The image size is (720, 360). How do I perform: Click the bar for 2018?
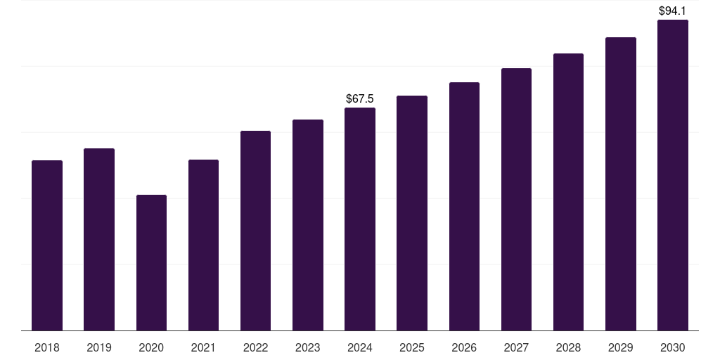pos(47,245)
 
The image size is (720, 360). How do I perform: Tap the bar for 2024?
pos(360,219)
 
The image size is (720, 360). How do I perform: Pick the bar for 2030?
pos(672,175)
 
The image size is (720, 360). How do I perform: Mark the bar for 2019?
pos(99,239)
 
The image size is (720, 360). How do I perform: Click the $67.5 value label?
pos(360,99)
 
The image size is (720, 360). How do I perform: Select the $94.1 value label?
pos(672,11)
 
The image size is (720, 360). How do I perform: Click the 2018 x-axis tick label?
pos(47,347)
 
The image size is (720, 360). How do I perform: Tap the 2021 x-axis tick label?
pos(203,347)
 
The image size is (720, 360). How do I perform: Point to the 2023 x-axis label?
pos(307,347)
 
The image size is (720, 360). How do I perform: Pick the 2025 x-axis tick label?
pos(412,347)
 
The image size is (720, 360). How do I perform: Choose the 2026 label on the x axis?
pos(464,347)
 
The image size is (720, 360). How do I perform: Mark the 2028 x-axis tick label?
pos(568,347)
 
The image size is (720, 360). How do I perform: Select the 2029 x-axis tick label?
pos(620,347)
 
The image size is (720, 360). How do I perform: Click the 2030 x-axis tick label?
pos(672,347)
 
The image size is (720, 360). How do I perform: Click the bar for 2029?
pos(620,184)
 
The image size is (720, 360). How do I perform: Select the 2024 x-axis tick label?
pos(360,347)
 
